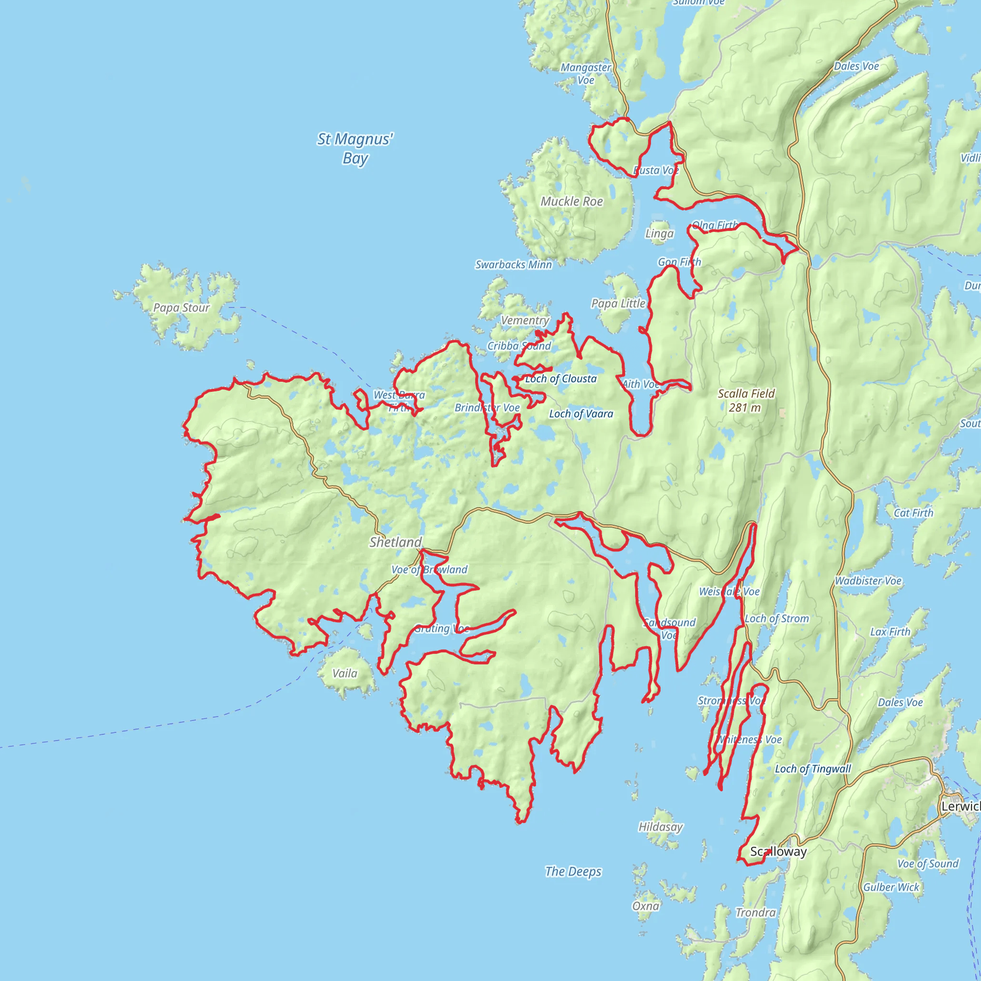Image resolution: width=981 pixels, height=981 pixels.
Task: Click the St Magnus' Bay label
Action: (355, 148)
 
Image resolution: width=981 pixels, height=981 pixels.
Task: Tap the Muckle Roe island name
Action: (572, 202)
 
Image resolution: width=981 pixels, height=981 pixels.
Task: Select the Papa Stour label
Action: (181, 308)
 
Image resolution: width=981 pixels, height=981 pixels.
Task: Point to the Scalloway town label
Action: (778, 852)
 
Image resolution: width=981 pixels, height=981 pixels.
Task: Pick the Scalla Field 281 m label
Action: (746, 400)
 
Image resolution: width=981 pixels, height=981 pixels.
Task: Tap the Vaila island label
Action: (345, 673)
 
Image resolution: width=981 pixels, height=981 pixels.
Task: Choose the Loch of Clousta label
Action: (560, 379)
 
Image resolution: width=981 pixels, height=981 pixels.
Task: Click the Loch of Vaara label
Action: (581, 414)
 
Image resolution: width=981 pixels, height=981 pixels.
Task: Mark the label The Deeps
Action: (573, 871)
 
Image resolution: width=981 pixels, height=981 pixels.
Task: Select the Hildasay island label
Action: (660, 827)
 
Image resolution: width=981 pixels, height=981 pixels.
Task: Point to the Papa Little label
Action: (618, 304)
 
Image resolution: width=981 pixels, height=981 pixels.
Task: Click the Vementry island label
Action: (525, 320)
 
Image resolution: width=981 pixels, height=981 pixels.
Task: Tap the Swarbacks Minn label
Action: (513, 264)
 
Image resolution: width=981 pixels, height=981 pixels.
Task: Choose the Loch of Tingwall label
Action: (812, 769)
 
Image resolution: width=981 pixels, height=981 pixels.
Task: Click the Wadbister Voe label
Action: (868, 581)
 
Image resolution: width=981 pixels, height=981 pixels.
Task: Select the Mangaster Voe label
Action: (585, 74)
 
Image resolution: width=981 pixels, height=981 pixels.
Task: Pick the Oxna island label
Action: (645, 906)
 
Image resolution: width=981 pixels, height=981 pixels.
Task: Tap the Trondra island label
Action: (755, 913)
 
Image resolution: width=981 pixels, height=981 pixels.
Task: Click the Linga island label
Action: (659, 234)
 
